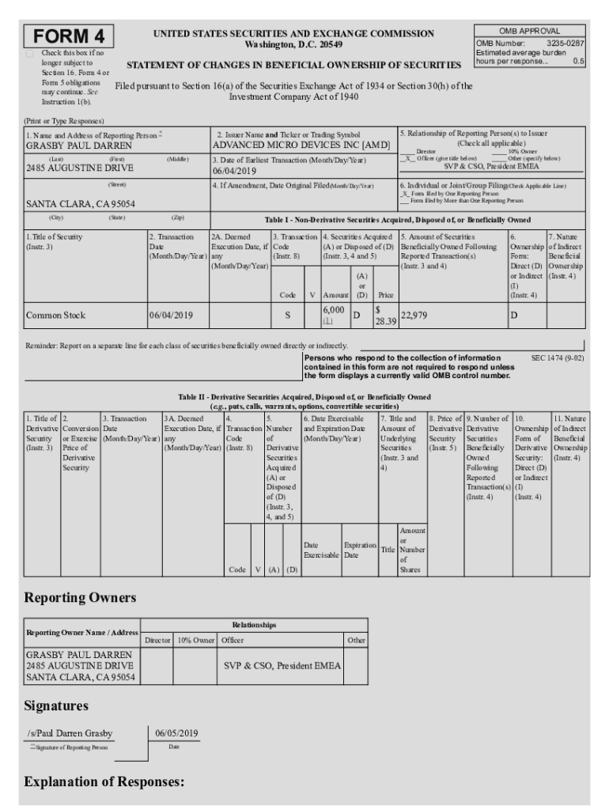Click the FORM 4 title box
[x=69, y=36]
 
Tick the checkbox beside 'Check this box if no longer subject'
[x=30, y=54]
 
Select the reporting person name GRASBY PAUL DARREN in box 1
[x=69, y=146]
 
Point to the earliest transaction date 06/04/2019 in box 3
[x=235, y=171]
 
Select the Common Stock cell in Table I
[x=55, y=316]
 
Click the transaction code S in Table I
[x=287, y=316]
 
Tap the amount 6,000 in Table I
[x=333, y=311]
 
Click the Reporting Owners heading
[x=80, y=596]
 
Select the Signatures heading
[x=56, y=705]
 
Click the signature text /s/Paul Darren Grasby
[x=70, y=733]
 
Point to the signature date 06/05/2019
[x=176, y=733]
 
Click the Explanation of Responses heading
[x=104, y=782]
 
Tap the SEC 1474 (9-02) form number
[x=557, y=358]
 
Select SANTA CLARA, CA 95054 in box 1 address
[x=81, y=203]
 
